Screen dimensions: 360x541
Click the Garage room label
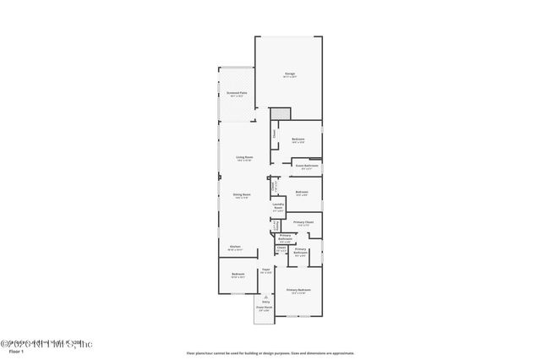(290, 74)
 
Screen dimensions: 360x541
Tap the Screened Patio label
(237, 93)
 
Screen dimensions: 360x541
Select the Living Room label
(244, 157)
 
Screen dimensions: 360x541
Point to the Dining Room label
(243, 195)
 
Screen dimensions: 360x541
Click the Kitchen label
(235, 247)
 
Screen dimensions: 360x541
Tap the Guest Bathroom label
(306, 166)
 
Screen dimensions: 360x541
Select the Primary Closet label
(303, 223)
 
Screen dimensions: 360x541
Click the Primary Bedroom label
(298, 290)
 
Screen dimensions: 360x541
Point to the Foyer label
(265, 270)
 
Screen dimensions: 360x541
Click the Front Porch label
(265, 308)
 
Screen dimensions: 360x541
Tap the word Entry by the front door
(265, 303)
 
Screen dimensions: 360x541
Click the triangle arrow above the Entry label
(265, 297)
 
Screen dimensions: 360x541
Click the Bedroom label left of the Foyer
(238, 275)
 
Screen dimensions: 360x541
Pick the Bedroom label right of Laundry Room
(302, 193)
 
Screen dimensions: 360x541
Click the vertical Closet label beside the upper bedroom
(274, 134)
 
